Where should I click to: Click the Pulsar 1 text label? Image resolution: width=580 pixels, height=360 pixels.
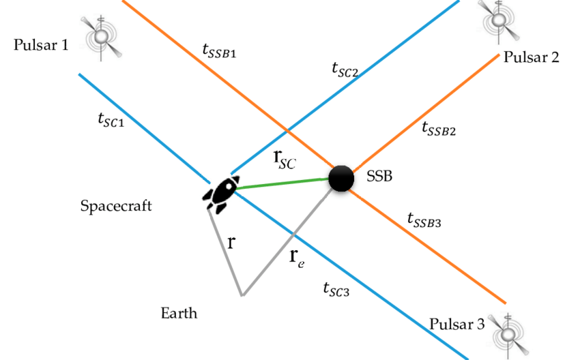[41, 46]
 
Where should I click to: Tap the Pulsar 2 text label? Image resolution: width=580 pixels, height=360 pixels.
[532, 57]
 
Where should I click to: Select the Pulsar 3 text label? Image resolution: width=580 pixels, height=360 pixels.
[457, 324]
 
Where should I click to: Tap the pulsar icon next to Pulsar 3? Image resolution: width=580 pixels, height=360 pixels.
[509, 332]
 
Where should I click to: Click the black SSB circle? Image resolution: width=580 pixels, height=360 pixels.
[341, 178]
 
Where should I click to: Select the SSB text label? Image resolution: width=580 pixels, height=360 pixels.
[380, 177]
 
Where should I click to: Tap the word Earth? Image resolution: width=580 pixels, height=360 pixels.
[179, 314]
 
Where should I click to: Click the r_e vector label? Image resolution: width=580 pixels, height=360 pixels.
[295, 257]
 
